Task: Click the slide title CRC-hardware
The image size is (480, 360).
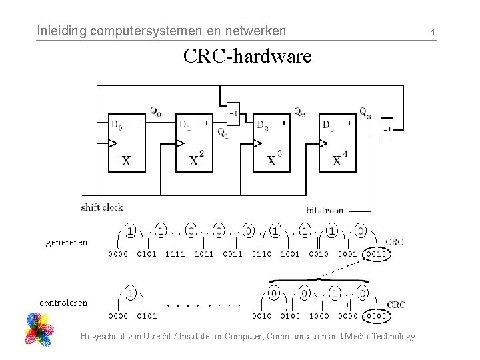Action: point(247,57)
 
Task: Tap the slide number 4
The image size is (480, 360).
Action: point(433,31)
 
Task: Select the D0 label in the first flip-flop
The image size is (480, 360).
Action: point(117,124)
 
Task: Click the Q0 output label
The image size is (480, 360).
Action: point(155,111)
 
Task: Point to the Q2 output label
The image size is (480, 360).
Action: point(300,111)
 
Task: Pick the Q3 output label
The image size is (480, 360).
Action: point(365,111)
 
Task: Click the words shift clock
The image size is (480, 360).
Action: point(101,207)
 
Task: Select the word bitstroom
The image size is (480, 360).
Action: point(326,210)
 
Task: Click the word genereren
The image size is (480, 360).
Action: point(66,242)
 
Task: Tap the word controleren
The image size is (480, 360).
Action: point(63,302)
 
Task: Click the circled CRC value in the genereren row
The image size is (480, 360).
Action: point(377,254)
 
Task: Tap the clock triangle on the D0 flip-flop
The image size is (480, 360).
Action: point(113,143)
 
